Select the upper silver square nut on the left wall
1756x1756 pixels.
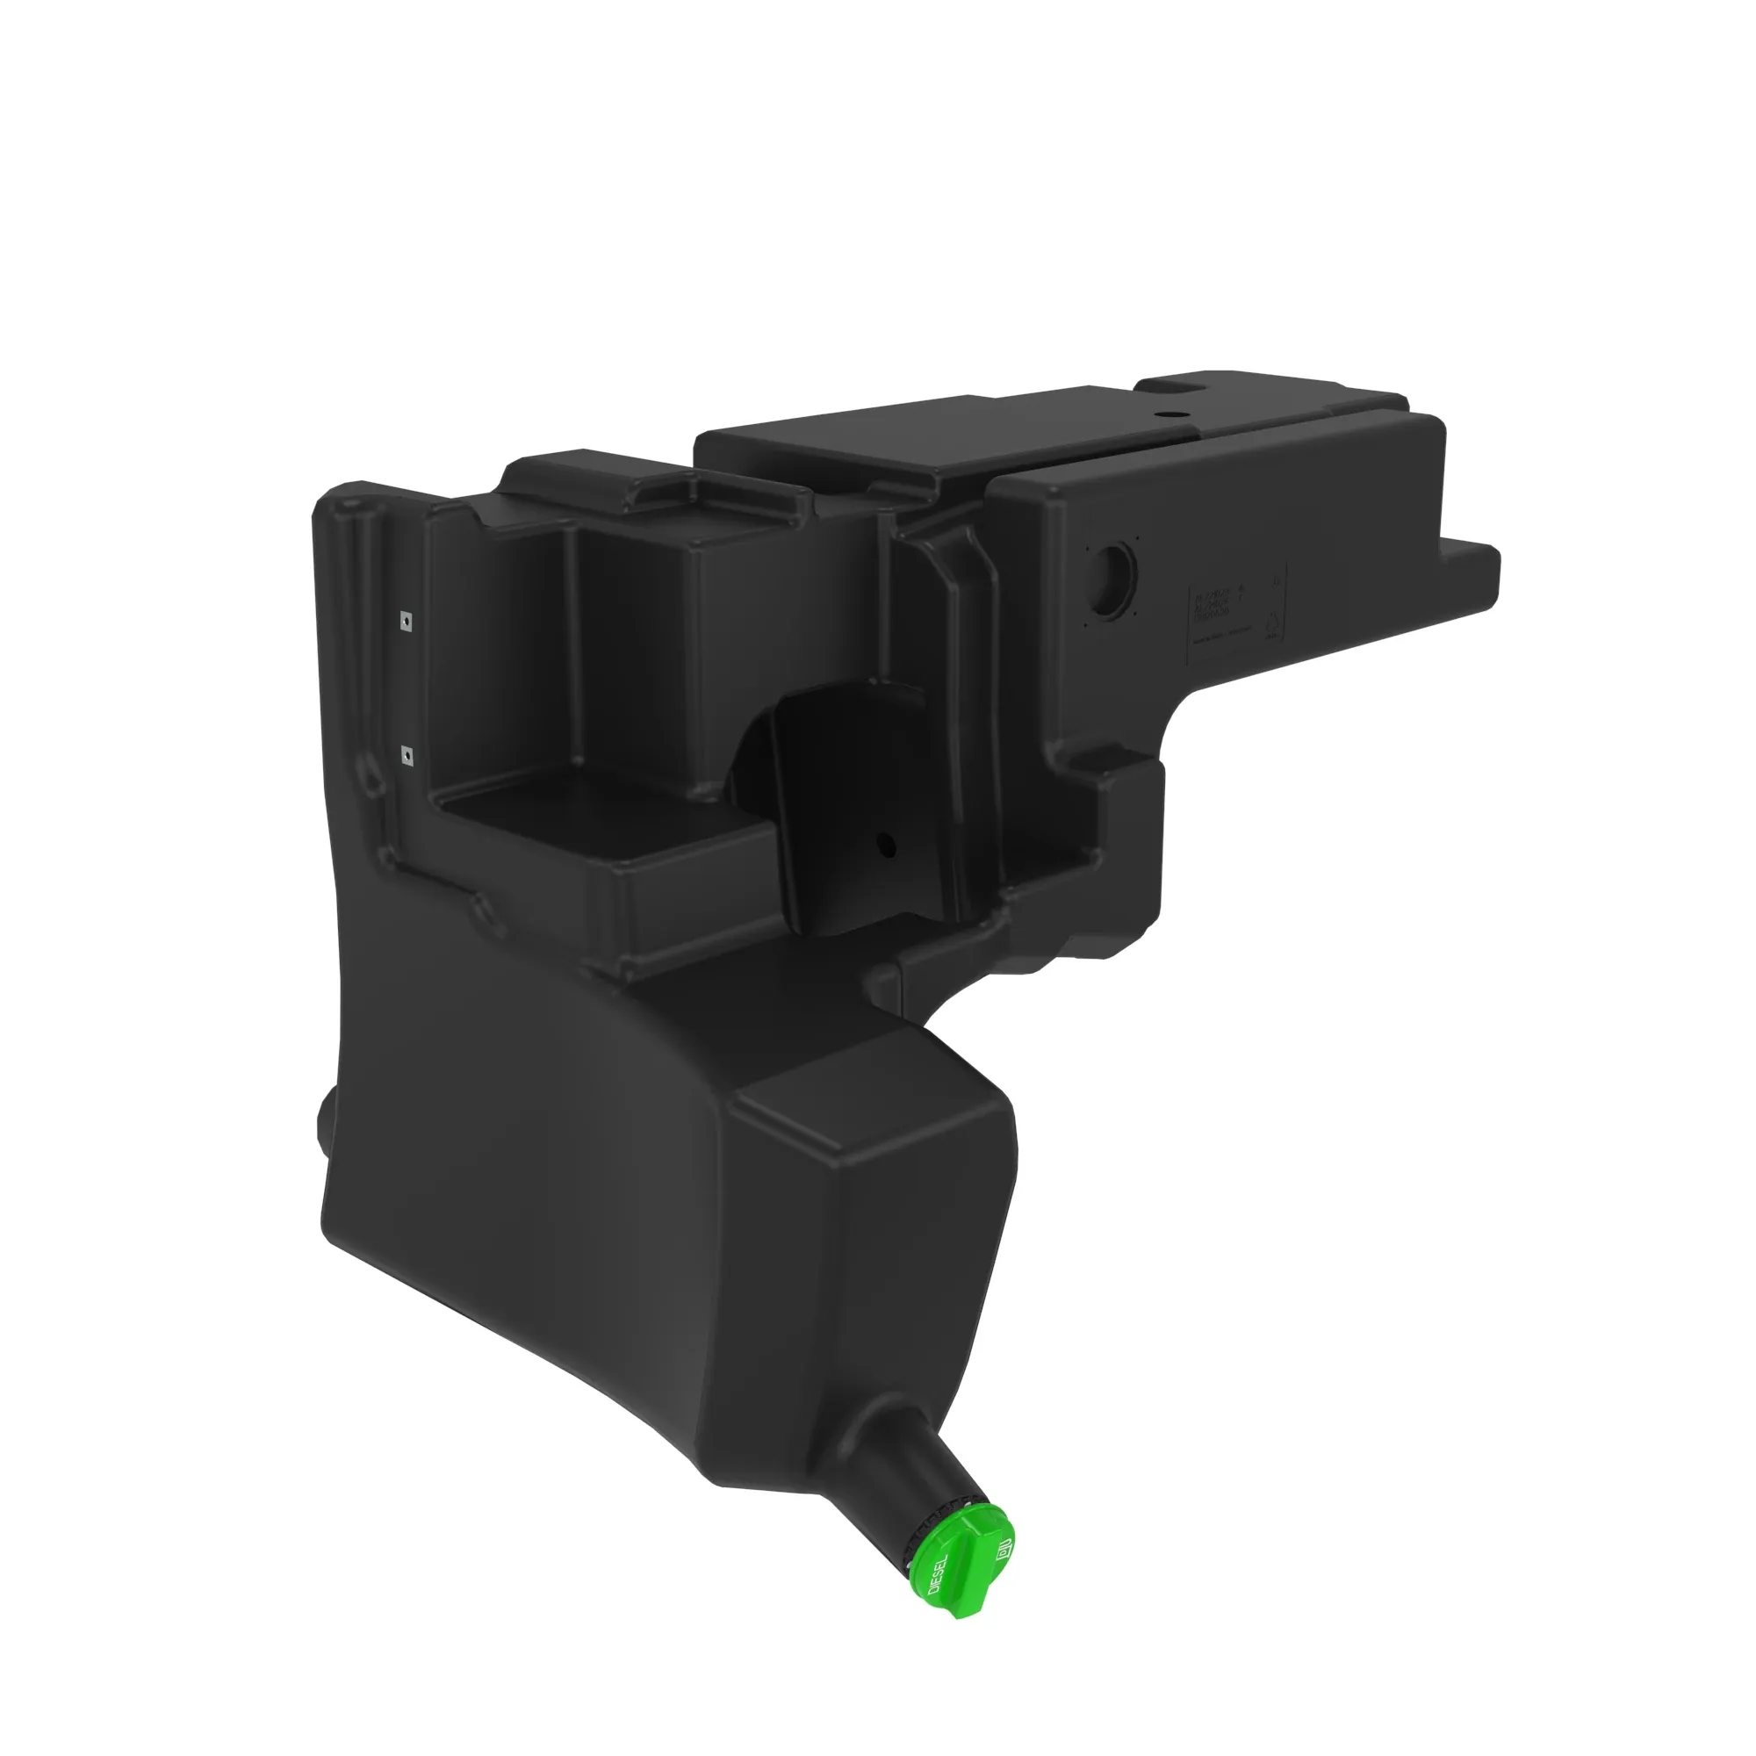(x=407, y=620)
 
